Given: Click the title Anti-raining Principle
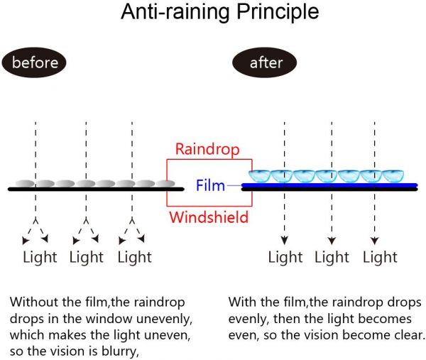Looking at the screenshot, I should (x=219, y=12).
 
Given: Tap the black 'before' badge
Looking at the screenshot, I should (x=34, y=62).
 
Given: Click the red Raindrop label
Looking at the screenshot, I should (x=207, y=150).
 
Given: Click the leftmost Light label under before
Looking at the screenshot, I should (x=40, y=257).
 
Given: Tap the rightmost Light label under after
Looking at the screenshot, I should (x=380, y=257).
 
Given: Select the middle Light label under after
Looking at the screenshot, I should (x=332, y=257).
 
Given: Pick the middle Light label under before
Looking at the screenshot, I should (x=87, y=257).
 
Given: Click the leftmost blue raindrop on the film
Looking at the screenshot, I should (x=260, y=175).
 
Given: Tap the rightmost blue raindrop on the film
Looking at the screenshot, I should (x=393, y=175).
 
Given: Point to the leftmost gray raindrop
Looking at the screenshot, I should (x=23, y=183).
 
